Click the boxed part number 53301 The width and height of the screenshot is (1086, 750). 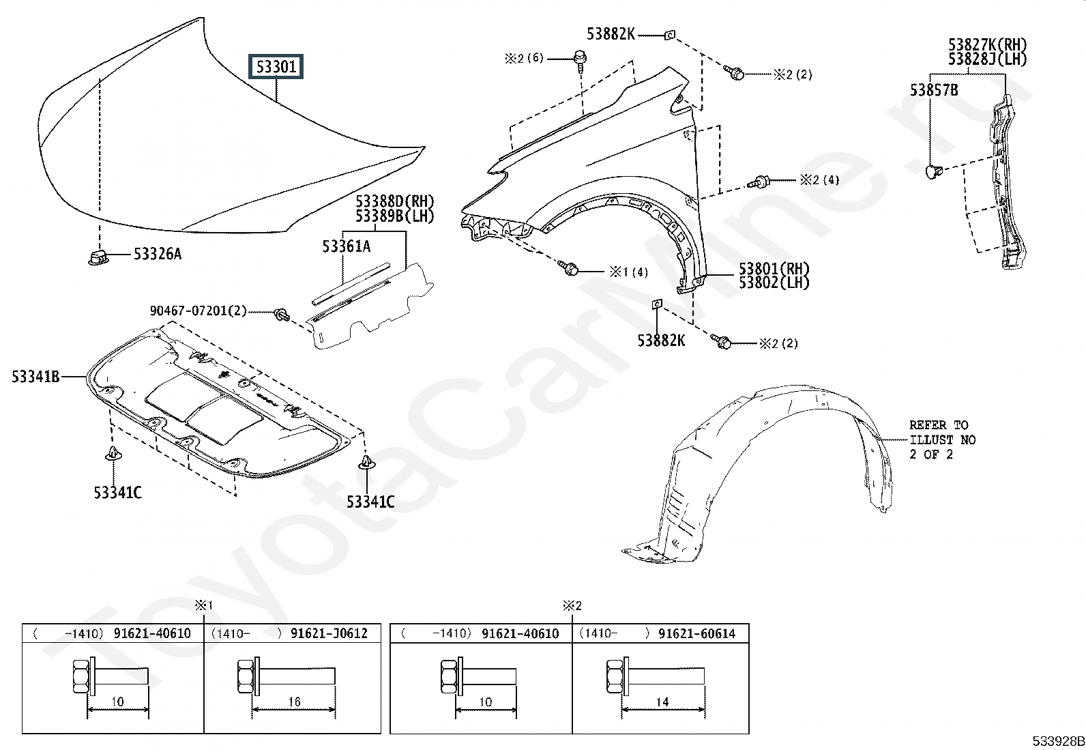[x=276, y=67]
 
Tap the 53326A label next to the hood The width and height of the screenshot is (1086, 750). [x=158, y=255]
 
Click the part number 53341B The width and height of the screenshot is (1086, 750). [x=35, y=376]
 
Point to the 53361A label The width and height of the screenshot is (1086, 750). [x=347, y=246]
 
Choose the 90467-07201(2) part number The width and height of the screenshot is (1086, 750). [x=199, y=311]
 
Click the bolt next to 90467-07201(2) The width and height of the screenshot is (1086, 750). [x=281, y=315]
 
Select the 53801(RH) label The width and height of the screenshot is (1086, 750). [x=774, y=268]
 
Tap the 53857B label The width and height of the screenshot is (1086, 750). [x=934, y=90]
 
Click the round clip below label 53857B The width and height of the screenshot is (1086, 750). [x=933, y=170]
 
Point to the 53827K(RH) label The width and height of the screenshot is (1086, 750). [x=987, y=45]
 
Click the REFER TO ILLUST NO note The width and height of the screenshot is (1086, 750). [x=942, y=439]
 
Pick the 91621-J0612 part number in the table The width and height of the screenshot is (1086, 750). [x=329, y=633]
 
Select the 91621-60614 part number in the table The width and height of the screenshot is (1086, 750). [x=696, y=633]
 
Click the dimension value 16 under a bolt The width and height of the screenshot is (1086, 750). [x=294, y=702]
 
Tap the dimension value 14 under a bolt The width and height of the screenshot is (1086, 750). [x=662, y=702]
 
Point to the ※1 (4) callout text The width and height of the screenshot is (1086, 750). [x=628, y=272]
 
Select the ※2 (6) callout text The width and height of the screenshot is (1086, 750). [x=524, y=59]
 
